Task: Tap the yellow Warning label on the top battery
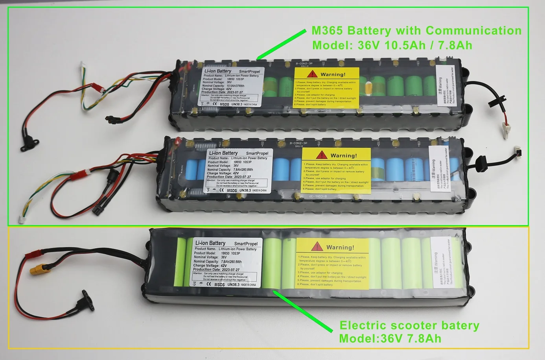pyautogui.click(x=327, y=87)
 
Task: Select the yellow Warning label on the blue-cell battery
pyautogui.click(x=336, y=171)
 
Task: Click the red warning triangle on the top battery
pyautogui.click(x=313, y=74)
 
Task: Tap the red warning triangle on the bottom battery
pyautogui.click(x=317, y=247)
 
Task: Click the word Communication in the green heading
pyautogui.click(x=473, y=30)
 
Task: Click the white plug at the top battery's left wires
pyautogui.click(x=84, y=66)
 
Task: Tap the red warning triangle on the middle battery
pyautogui.click(x=322, y=155)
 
